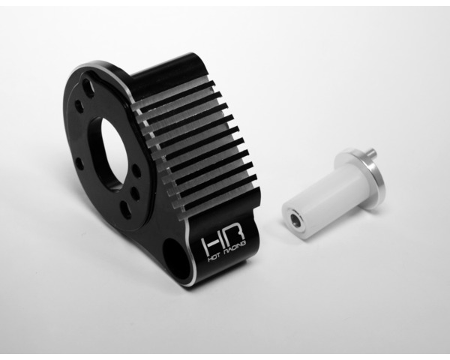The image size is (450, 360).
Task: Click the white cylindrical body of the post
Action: pyautogui.click(x=315, y=199)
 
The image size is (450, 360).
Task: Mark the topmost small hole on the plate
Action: pyautogui.click(x=88, y=88)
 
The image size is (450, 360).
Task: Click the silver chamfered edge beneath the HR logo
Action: pyautogui.click(x=225, y=274)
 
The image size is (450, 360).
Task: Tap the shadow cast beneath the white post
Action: pyautogui.click(x=322, y=232)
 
